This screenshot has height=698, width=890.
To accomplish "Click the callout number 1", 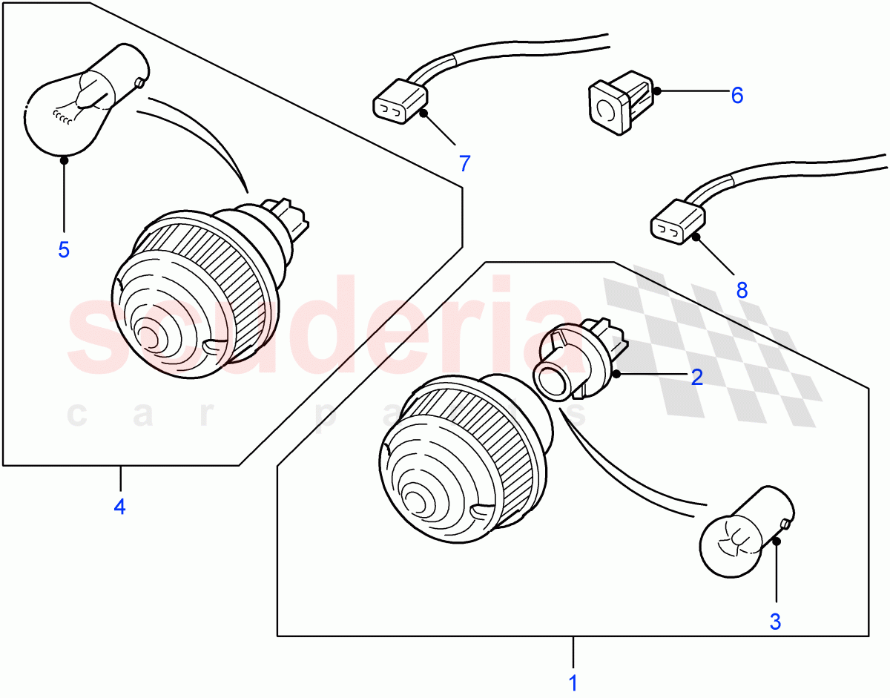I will (573, 682).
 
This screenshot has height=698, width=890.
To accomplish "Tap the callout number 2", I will (696, 378).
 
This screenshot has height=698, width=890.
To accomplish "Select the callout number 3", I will (775, 622).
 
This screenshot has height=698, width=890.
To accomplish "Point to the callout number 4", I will (119, 507).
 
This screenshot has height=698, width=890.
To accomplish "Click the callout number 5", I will (64, 250).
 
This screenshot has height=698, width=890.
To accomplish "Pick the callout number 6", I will (736, 95).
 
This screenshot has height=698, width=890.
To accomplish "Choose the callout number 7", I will (464, 163).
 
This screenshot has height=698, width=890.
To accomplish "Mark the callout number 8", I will (742, 290).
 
